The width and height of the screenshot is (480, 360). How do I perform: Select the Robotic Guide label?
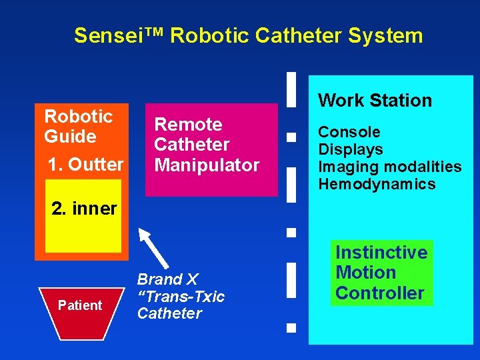79,126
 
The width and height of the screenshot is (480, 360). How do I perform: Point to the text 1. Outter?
86,164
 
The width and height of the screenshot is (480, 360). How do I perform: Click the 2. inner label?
84,209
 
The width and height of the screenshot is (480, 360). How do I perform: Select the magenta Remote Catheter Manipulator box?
211,149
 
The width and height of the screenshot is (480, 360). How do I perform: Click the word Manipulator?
207,165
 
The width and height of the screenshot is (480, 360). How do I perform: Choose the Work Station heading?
375,101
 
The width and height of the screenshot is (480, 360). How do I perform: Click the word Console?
349,132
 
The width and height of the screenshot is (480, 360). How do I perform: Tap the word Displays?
351,149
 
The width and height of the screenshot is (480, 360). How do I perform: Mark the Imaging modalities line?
389,167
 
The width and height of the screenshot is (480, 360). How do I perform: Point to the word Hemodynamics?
377,184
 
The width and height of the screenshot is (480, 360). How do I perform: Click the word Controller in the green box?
380,293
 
